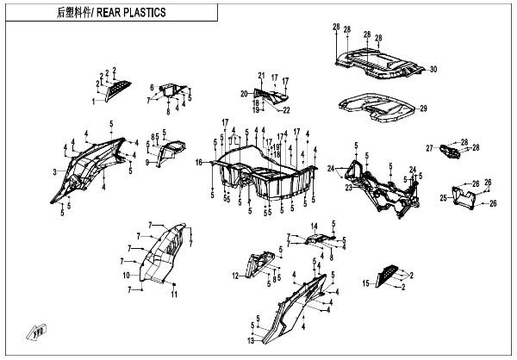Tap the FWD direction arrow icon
pos(37,329)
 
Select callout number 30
pos(433,69)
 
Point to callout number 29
pos(422,109)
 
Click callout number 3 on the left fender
pos(54,172)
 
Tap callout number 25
pos(443,198)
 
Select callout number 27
pos(428,148)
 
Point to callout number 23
pos(347,186)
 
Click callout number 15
pos(365,282)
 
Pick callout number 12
pos(234,276)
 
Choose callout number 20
pos(244,93)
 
